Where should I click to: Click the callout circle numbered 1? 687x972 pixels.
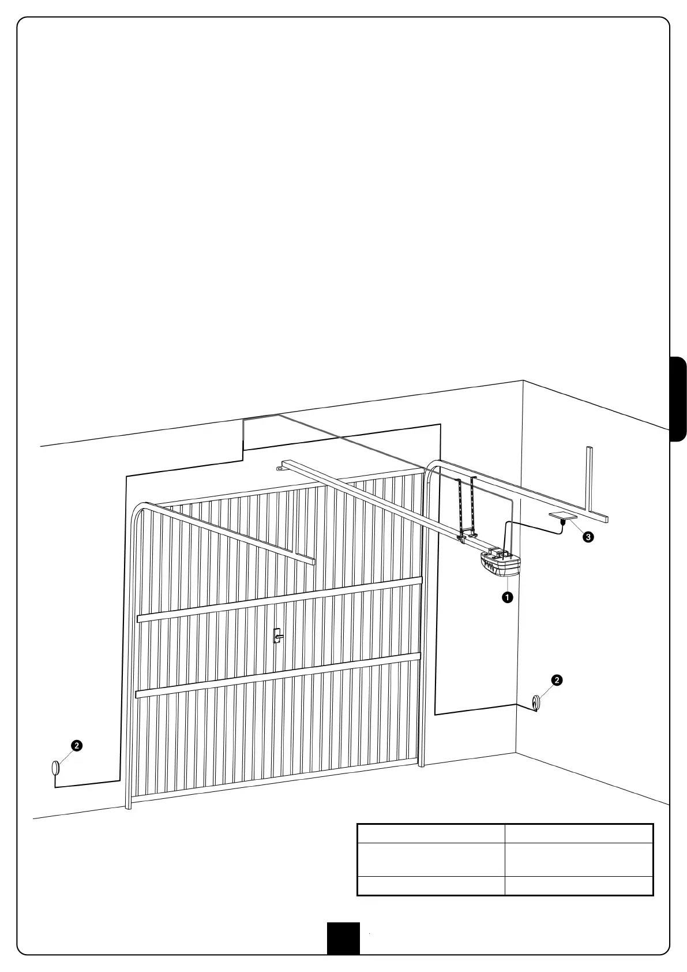point(507,597)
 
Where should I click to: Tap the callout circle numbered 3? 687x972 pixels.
point(588,537)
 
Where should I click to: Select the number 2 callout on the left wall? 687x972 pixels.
point(76,745)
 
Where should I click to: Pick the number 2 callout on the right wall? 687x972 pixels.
point(557,680)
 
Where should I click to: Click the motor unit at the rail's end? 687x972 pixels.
point(500,564)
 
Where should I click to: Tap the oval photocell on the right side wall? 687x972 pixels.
point(536,702)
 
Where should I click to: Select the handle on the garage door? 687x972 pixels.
point(277,635)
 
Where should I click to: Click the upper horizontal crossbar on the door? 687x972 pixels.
point(279,600)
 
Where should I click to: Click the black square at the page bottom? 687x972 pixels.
point(343,938)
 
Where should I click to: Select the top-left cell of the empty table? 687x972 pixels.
point(431,833)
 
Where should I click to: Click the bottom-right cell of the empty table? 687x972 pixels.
point(579,885)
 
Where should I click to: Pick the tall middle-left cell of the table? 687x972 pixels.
point(431,859)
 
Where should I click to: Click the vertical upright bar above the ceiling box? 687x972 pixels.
point(589,478)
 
